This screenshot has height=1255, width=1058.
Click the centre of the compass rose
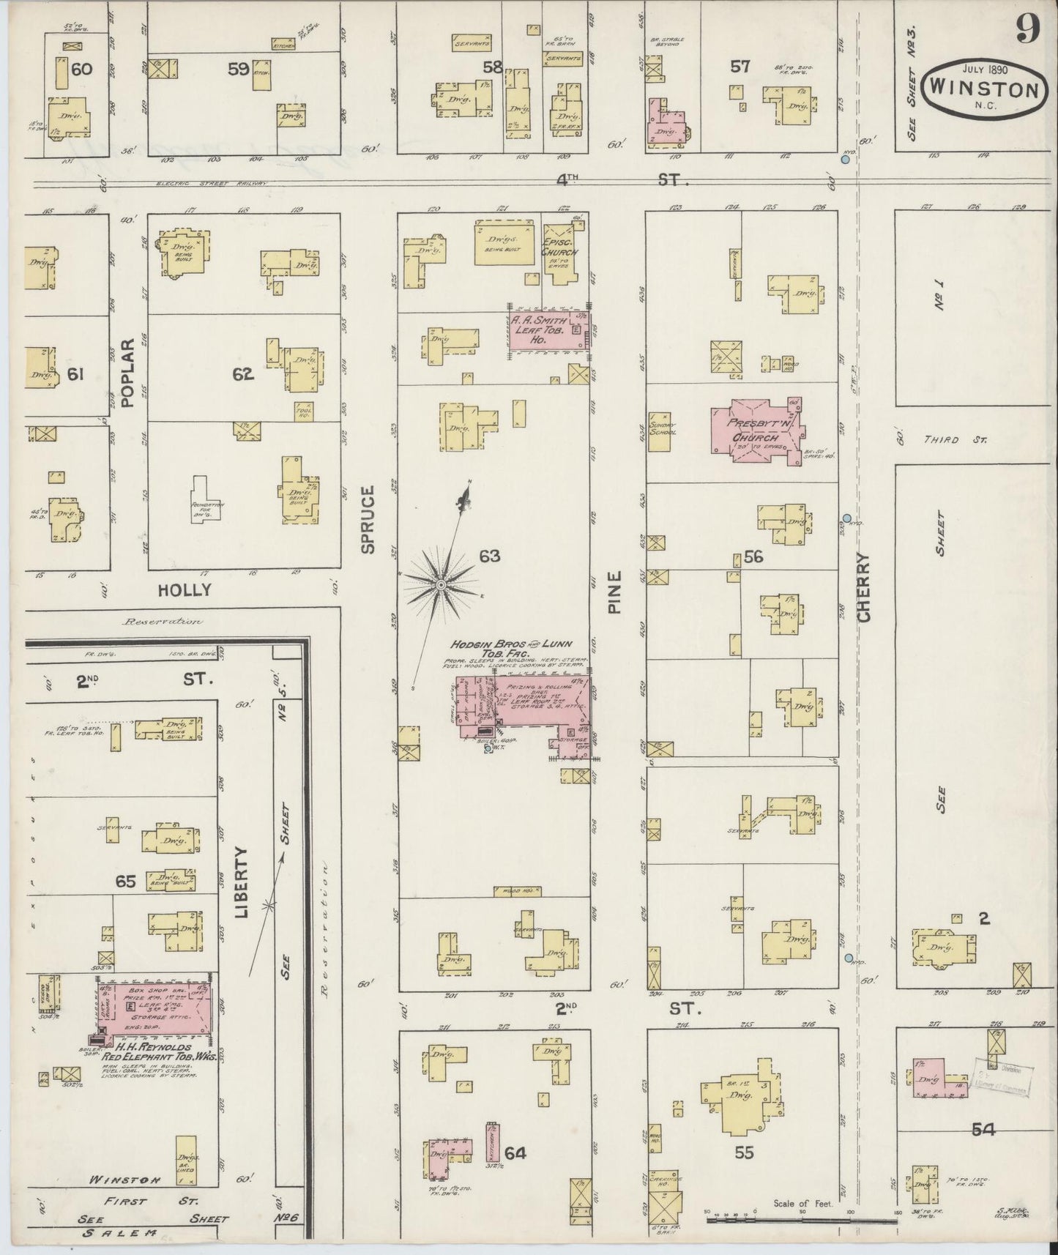coord(442,586)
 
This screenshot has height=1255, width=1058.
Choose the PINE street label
coord(614,592)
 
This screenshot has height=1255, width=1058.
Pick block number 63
coord(489,556)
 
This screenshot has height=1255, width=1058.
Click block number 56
coord(753,556)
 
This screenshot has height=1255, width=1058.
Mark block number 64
coord(515,1153)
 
